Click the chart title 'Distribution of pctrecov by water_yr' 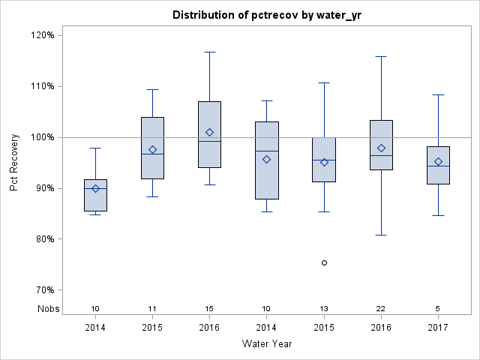pyautogui.click(x=267, y=15)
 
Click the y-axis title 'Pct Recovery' pyautogui.click(x=14, y=163)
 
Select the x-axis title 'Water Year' pyautogui.click(x=267, y=343)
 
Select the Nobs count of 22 pyautogui.click(x=381, y=309)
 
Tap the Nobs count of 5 pyautogui.click(x=438, y=309)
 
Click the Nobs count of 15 pyautogui.click(x=210, y=309)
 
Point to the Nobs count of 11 pyautogui.click(x=152, y=309)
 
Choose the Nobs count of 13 pyautogui.click(x=324, y=309)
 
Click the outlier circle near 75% pyautogui.click(x=324, y=262)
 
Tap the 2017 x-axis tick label pyautogui.click(x=438, y=328)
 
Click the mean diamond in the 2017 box pyautogui.click(x=438, y=162)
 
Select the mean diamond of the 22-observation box pyautogui.click(x=381, y=148)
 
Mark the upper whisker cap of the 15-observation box pyautogui.click(x=210, y=52)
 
